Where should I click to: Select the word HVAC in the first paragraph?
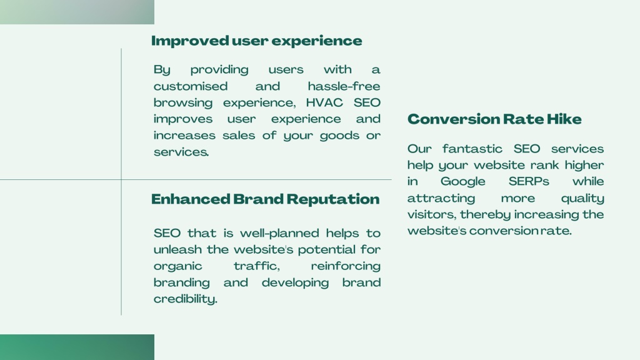[x=324, y=102]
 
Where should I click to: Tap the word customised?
[x=191, y=86]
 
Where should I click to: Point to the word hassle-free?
[x=344, y=86]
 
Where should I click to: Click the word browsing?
[x=183, y=103]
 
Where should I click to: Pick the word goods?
[x=339, y=136]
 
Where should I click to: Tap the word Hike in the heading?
[x=564, y=119]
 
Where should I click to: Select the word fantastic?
[x=472, y=149]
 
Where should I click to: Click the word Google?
[x=463, y=182]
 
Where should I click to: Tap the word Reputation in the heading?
[x=333, y=199]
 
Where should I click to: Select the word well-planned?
[x=279, y=234]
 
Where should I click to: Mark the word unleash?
[x=177, y=249]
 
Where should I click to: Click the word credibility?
[x=185, y=299]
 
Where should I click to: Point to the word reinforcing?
[x=346, y=266]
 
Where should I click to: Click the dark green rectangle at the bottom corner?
[x=77, y=347]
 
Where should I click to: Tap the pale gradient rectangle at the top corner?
[x=77, y=12]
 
